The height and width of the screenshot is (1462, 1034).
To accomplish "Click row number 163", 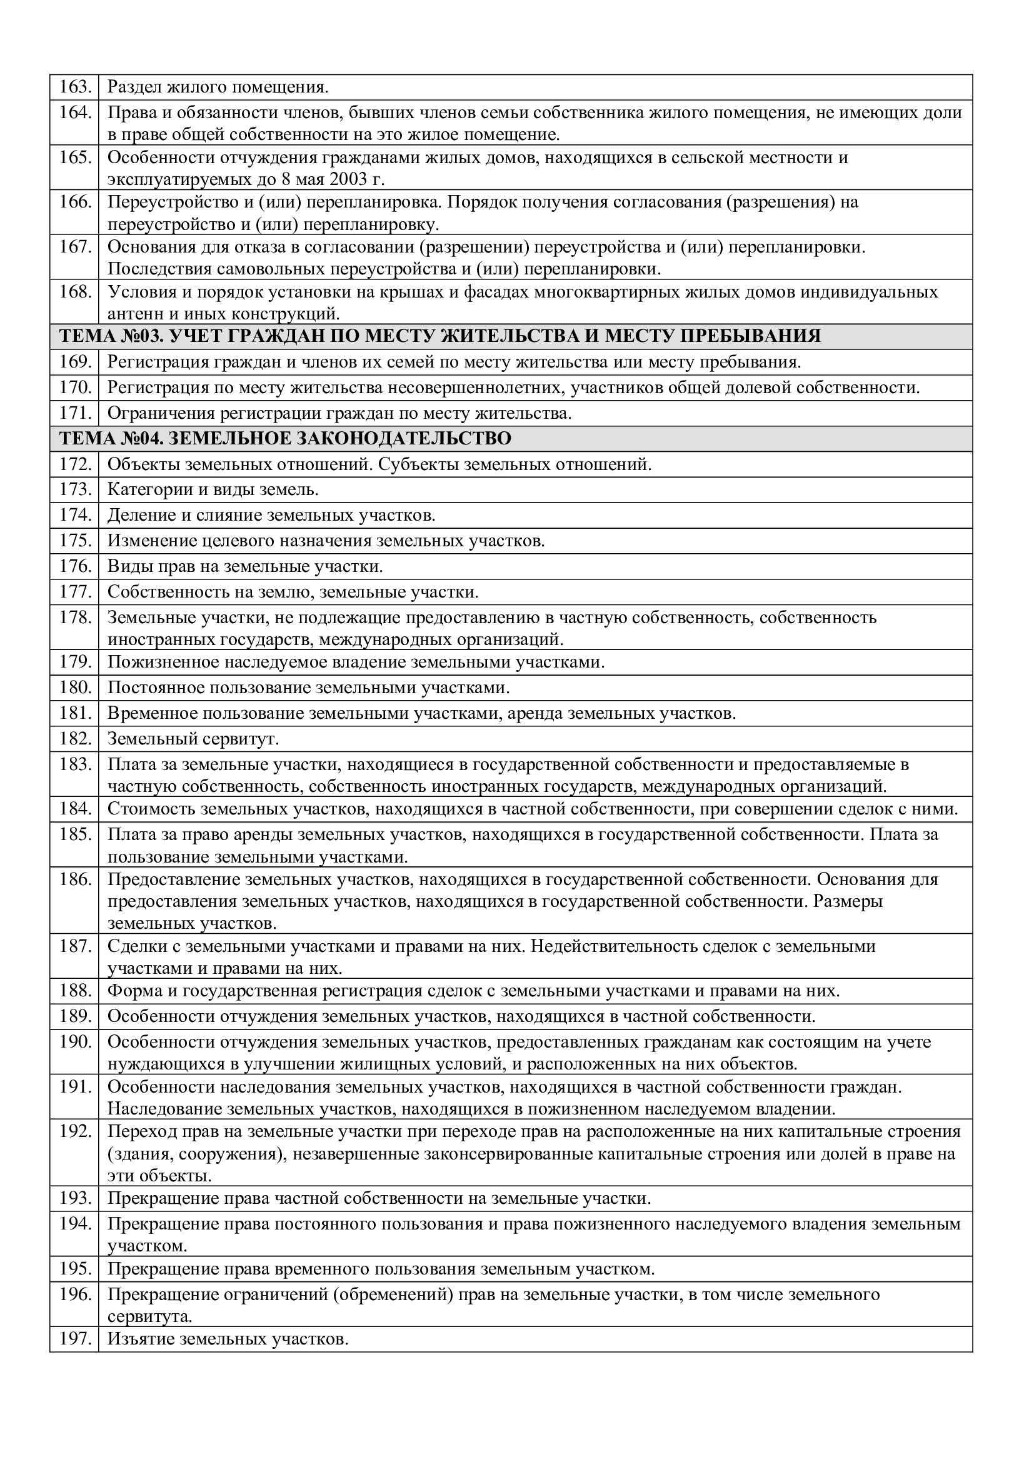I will [x=74, y=88].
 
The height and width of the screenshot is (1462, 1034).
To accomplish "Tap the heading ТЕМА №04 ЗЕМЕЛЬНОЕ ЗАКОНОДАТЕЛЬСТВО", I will [x=285, y=439].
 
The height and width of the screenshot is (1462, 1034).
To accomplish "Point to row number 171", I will [x=74, y=413].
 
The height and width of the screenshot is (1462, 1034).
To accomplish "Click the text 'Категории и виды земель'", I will [x=213, y=489].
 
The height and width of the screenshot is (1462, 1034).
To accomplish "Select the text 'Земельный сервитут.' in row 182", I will [x=194, y=739].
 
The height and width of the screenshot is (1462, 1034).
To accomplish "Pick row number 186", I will [x=74, y=879].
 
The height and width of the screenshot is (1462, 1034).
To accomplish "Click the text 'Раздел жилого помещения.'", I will [x=218, y=88].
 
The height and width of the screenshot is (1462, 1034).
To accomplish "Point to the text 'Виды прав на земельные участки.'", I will [x=245, y=566].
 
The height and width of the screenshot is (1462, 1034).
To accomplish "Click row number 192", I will [x=74, y=1131].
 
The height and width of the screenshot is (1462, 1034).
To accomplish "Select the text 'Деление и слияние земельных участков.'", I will [x=271, y=515].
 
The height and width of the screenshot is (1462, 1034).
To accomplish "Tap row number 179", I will [x=74, y=662].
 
